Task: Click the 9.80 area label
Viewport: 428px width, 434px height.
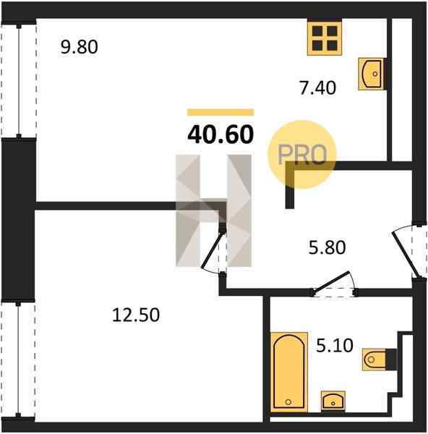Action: click(x=79, y=47)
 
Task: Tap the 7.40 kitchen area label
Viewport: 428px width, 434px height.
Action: click(x=318, y=88)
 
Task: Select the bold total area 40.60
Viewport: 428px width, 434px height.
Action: click(x=221, y=135)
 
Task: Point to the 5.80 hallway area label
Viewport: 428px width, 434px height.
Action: click(x=327, y=247)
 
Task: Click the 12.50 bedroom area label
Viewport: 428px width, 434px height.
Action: click(x=136, y=315)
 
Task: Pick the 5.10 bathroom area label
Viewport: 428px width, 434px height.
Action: click(x=335, y=346)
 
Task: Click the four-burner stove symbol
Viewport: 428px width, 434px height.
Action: click(x=325, y=38)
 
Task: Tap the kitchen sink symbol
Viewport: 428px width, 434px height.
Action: click(x=372, y=74)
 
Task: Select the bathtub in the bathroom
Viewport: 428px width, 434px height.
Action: click(x=289, y=373)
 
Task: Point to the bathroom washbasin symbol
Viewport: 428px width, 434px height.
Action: click(x=333, y=401)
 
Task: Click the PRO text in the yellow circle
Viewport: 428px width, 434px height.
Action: click(x=302, y=154)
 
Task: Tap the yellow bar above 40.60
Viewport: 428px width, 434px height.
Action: click(x=221, y=112)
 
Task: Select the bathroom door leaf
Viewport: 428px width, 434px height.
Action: click(x=331, y=281)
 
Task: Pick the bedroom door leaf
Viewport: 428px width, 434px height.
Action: click(x=212, y=250)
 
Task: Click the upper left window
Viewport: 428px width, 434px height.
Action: click(x=19, y=80)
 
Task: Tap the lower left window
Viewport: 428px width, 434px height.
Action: click(x=18, y=359)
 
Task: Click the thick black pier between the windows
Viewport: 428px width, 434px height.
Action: click(x=19, y=219)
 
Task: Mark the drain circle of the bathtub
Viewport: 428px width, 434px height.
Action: click(x=288, y=402)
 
